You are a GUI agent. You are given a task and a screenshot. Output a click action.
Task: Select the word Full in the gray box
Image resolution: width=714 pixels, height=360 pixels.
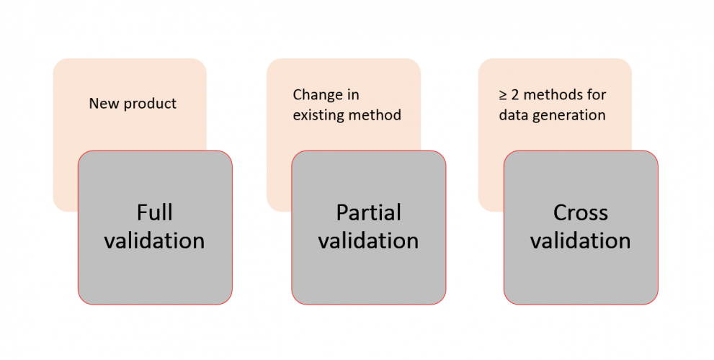[x=154, y=212]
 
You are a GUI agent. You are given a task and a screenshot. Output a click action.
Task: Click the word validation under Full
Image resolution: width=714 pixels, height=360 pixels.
[x=154, y=240]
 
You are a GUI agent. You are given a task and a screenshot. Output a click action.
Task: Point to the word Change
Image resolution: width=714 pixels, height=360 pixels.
[x=316, y=94]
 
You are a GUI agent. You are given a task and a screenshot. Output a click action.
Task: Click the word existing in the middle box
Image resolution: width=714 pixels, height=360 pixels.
[x=318, y=114]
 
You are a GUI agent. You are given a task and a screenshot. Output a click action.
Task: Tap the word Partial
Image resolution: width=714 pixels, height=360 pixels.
[x=368, y=212]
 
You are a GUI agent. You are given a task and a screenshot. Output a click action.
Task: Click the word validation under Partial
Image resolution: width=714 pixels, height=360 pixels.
[x=368, y=240]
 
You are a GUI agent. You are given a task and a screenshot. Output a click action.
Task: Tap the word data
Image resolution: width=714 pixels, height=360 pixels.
[x=514, y=114]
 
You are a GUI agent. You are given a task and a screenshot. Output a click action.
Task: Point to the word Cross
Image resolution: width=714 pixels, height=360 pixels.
[x=581, y=212]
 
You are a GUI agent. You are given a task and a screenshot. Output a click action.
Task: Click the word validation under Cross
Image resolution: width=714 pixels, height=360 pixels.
[x=581, y=240]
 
